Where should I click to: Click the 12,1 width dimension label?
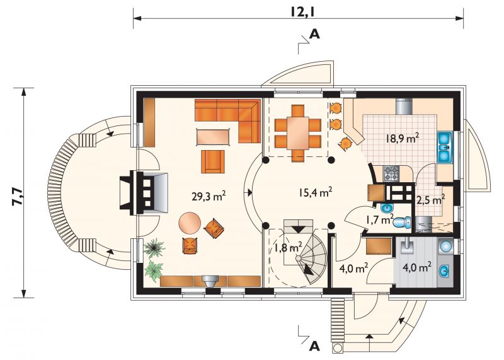(x=304, y=11)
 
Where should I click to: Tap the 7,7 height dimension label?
(x=17, y=197)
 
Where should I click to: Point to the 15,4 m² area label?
(x=315, y=193)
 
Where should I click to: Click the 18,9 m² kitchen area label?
(x=402, y=139)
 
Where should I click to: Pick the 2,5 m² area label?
(x=430, y=200)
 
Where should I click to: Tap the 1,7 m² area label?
(x=380, y=220)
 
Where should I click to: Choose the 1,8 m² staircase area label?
(x=288, y=248)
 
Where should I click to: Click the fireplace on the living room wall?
(x=144, y=193)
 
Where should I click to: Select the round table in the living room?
(x=190, y=223)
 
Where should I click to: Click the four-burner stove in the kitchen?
(x=391, y=173)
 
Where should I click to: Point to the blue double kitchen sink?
(x=445, y=147)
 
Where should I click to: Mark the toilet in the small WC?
(x=402, y=222)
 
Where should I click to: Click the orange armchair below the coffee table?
(x=213, y=161)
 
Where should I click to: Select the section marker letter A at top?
(x=314, y=34)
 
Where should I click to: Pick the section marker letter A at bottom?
(x=314, y=346)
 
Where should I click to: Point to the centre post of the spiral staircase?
(x=299, y=258)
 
